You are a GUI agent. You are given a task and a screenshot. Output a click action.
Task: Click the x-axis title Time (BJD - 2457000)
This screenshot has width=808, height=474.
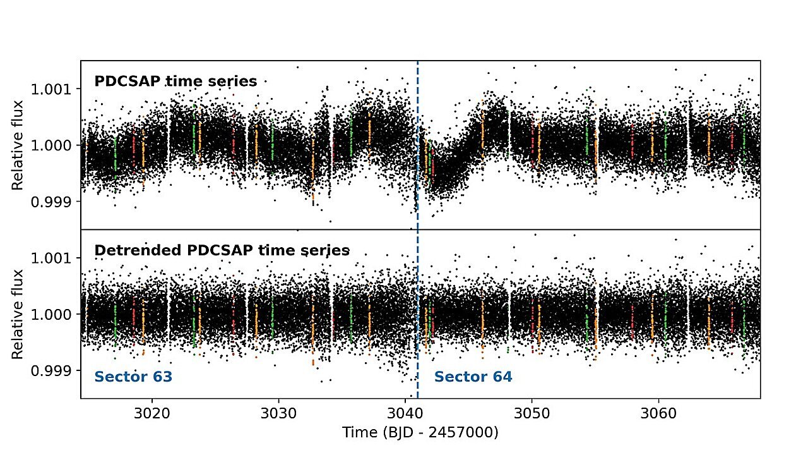pyautogui.click(x=420, y=433)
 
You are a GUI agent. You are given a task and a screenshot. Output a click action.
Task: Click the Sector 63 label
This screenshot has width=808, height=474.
pyautogui.click(x=133, y=377)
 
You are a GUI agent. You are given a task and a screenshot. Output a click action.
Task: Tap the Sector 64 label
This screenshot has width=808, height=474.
pyautogui.click(x=473, y=377)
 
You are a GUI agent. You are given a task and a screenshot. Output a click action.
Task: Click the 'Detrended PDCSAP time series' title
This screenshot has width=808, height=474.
pyautogui.click(x=222, y=250)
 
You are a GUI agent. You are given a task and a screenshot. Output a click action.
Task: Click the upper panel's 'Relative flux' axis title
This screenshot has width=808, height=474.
pyautogui.click(x=18, y=145)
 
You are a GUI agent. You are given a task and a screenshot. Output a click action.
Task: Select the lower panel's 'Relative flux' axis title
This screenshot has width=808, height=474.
pyautogui.click(x=18, y=314)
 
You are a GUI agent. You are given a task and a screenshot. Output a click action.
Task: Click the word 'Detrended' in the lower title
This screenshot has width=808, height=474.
pyautogui.click(x=132, y=250)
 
